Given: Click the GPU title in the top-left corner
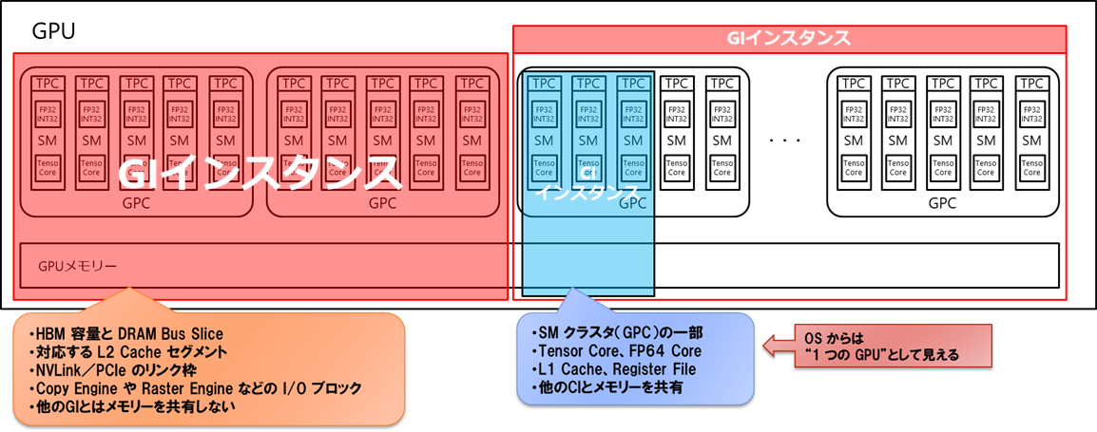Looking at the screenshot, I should coord(53,31).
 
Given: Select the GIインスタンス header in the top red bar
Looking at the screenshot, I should coord(789,39).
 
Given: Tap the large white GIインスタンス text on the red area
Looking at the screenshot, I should coord(257,173).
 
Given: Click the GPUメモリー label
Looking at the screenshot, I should coord(78,266).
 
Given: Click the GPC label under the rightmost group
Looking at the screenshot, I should coord(941,203).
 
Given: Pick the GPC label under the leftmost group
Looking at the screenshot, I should coord(136,203).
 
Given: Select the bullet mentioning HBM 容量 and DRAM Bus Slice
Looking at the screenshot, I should coord(125,334).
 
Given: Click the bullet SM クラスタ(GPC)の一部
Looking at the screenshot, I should coord(608,333).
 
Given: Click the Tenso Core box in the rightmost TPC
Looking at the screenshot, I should coord(1032,168).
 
